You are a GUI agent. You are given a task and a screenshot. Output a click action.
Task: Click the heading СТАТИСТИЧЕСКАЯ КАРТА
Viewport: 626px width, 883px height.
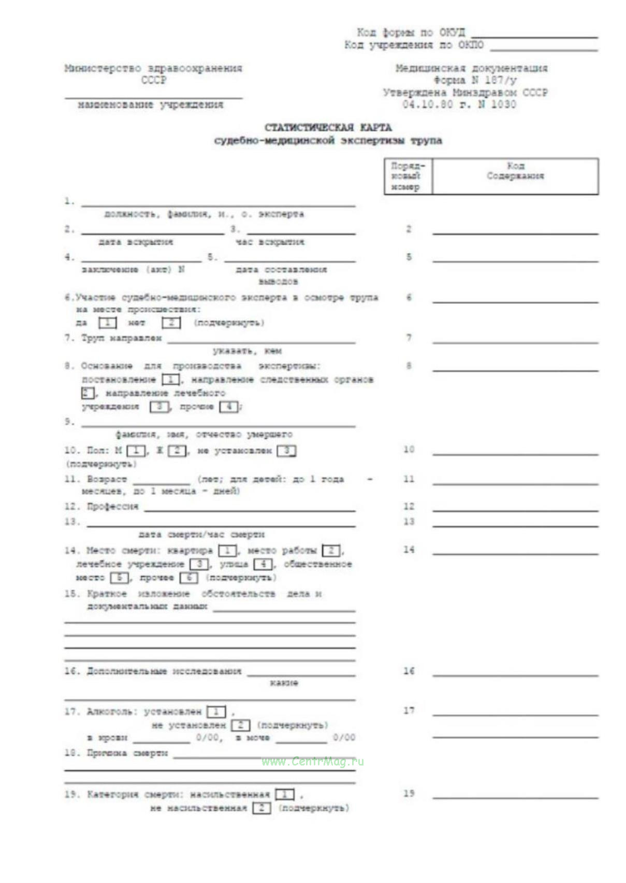click(328, 127)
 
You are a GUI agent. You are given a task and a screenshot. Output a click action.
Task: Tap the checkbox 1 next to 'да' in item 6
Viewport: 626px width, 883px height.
click(108, 323)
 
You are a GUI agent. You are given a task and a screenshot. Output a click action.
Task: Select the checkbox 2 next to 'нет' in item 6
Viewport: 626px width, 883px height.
click(171, 323)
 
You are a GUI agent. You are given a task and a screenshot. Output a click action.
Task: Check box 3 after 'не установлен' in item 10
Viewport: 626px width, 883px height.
click(286, 451)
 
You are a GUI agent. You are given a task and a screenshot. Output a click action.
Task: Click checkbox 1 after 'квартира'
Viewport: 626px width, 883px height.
click(227, 551)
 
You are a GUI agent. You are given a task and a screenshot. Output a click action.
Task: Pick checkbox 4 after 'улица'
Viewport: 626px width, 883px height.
click(263, 564)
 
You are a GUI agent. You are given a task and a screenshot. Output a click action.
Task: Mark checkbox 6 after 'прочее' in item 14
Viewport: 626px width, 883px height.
click(188, 578)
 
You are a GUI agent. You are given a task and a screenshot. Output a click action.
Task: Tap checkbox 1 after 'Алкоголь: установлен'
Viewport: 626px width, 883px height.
click(216, 712)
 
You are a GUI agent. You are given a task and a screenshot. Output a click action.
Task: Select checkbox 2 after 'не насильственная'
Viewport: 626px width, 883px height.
click(261, 808)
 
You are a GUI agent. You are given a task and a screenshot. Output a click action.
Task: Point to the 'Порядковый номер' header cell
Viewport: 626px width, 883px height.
click(407, 176)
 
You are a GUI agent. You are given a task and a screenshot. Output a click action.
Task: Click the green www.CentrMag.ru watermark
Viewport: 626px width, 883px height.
click(313, 761)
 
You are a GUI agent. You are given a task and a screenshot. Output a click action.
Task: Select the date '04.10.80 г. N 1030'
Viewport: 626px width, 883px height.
click(459, 105)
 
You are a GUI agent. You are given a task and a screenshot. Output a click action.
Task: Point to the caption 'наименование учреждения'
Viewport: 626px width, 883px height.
click(150, 105)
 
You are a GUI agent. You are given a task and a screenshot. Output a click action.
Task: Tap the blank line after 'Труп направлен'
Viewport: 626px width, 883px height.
click(261, 342)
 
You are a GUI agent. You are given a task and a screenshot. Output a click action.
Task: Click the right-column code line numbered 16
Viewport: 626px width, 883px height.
click(515, 675)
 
